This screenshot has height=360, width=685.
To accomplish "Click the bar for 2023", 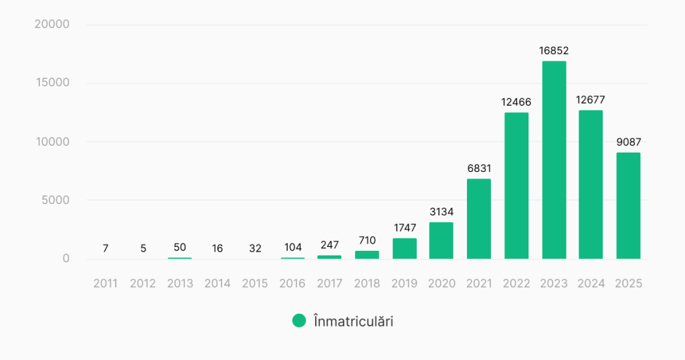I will click(x=554, y=160).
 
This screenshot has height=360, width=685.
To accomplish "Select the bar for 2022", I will click(x=516, y=185).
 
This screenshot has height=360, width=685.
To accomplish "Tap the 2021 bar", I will click(x=479, y=219).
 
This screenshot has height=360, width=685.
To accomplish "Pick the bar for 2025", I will click(x=628, y=205).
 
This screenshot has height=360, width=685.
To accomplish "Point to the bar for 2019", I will click(x=404, y=248).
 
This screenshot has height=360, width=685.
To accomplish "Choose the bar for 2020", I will click(x=442, y=240).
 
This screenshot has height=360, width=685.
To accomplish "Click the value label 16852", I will click(x=554, y=50).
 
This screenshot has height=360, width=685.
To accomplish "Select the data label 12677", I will click(x=591, y=100).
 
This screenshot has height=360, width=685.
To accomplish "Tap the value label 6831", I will click(x=479, y=168).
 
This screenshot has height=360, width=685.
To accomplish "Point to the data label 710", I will click(x=367, y=240).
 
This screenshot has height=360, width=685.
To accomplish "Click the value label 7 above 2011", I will click(x=106, y=248).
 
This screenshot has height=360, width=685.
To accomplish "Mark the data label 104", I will click(x=292, y=248).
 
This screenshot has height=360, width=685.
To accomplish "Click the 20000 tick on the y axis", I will click(x=52, y=25).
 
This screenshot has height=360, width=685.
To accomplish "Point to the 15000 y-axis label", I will click(x=53, y=83).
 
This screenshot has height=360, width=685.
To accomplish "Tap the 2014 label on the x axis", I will click(x=217, y=284).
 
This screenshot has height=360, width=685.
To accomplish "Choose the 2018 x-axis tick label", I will click(x=367, y=284).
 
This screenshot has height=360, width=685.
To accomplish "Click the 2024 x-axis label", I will click(x=591, y=284).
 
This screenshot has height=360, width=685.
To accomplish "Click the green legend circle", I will click(x=299, y=321).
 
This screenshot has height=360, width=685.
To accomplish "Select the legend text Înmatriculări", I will click(x=353, y=321).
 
